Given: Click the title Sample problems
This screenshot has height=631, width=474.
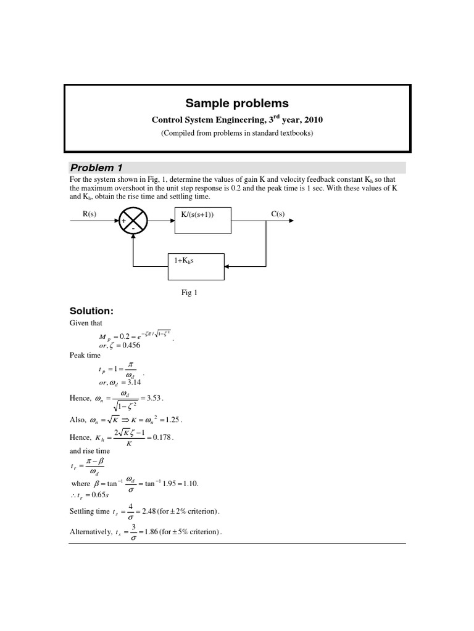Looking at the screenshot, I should (x=238, y=103).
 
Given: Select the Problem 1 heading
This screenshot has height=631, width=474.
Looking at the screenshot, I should (x=92, y=168).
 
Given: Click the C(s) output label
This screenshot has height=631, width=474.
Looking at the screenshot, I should (x=278, y=214).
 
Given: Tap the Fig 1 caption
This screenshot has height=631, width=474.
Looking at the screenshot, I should (x=189, y=293).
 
